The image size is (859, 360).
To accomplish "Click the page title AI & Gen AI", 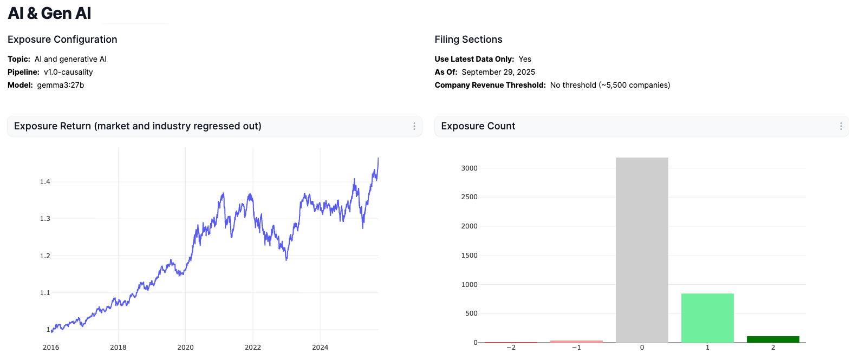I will click(49, 14).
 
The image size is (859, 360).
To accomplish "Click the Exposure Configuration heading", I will click(62, 40).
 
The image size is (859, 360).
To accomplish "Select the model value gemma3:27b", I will click(61, 85).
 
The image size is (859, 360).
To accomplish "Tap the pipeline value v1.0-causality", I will click(68, 72).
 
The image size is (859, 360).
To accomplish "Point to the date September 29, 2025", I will click(498, 72).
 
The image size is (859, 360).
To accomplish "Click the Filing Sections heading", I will click(468, 40).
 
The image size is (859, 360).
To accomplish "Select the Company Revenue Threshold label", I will click(490, 85).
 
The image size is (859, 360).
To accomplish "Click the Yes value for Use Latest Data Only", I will click(525, 59).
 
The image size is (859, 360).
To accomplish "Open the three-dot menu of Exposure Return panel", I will click(414, 126).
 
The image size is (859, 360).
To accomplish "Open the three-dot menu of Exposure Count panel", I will click(841, 126).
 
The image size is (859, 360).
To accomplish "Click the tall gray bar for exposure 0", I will click(642, 249).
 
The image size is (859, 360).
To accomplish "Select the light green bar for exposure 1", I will click(707, 318).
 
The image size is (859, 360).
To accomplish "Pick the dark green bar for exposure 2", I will click(773, 339).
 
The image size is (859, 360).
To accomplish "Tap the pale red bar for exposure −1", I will click(576, 341).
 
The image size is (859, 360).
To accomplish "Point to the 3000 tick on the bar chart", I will click(469, 168).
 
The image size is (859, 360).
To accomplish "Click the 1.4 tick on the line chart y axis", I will click(45, 182).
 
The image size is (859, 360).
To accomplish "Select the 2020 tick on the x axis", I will click(185, 348).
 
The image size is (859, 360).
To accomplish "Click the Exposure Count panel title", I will click(478, 126).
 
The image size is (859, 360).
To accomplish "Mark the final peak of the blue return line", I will click(378, 159).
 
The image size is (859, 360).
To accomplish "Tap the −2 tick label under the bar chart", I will click(511, 348).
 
